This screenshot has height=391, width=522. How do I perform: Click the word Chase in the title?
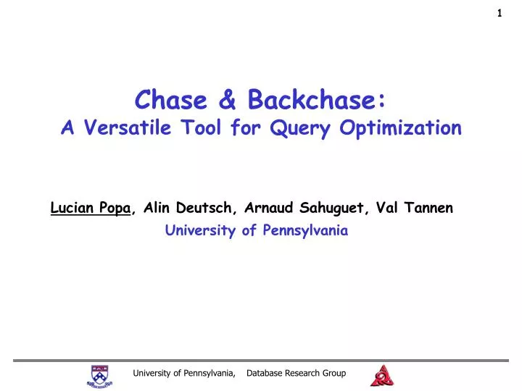[x=168, y=99]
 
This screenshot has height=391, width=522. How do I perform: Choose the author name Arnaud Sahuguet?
[x=307, y=209]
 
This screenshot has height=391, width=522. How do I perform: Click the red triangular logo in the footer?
[x=382, y=375]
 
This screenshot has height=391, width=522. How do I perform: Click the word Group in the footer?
[x=336, y=374]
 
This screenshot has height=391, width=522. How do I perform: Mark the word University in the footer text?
[x=151, y=374]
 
